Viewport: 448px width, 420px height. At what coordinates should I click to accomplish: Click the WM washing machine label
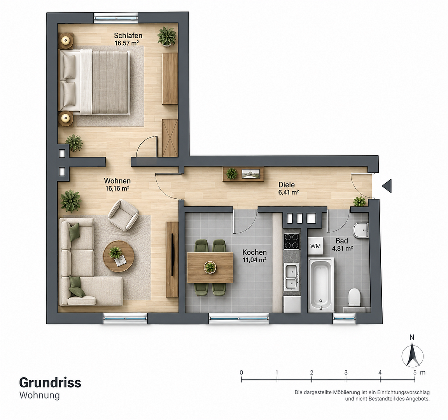click(315, 246)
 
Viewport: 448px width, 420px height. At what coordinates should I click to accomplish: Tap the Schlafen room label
click(128, 36)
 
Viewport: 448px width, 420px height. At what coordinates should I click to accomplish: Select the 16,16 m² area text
click(117, 188)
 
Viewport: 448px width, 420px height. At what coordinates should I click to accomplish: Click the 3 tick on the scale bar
click(346, 380)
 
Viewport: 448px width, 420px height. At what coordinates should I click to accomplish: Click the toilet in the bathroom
click(355, 297)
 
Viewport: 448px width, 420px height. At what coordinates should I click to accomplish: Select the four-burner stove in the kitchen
click(291, 241)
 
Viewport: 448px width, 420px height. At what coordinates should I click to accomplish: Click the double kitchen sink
click(291, 276)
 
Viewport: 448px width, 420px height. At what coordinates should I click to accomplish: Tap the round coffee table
click(119, 256)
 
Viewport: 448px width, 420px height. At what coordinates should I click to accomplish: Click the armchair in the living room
click(123, 215)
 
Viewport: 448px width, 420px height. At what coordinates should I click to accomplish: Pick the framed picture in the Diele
click(250, 174)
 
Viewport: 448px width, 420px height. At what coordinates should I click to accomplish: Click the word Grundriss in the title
click(50, 383)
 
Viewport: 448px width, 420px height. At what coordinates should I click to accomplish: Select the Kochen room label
click(255, 252)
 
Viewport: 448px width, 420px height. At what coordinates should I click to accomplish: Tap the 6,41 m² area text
click(289, 192)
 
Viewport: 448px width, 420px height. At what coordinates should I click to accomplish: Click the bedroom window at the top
click(116, 18)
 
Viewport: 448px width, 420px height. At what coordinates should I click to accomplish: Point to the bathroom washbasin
click(360, 230)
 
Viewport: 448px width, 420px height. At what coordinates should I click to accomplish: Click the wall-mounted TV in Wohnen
click(172, 255)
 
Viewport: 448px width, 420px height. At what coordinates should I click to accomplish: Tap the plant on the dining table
click(210, 267)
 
